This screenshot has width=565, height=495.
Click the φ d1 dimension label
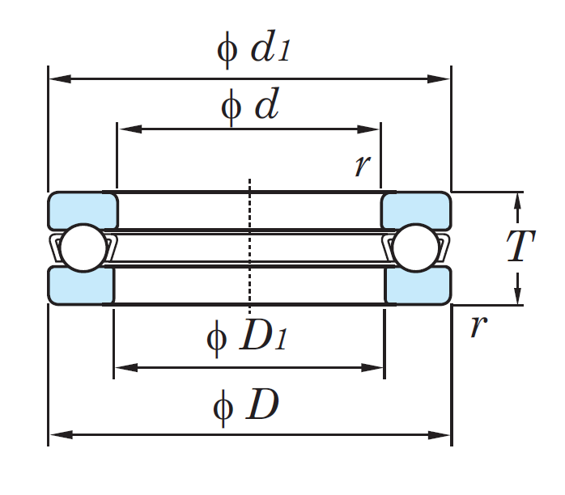click(253, 49)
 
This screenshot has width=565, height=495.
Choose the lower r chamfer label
click(478, 326)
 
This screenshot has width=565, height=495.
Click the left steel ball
click(81, 247)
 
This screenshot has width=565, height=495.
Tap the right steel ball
click(415, 247)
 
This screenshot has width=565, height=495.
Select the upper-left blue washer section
click(83, 210)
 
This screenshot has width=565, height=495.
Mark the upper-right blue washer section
click(415, 210)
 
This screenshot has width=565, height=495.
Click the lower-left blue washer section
click(81, 286)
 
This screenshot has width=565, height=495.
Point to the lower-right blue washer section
click(418, 286)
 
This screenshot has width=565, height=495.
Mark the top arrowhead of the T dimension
click(518, 199)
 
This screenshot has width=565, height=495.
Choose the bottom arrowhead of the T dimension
click(518, 298)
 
